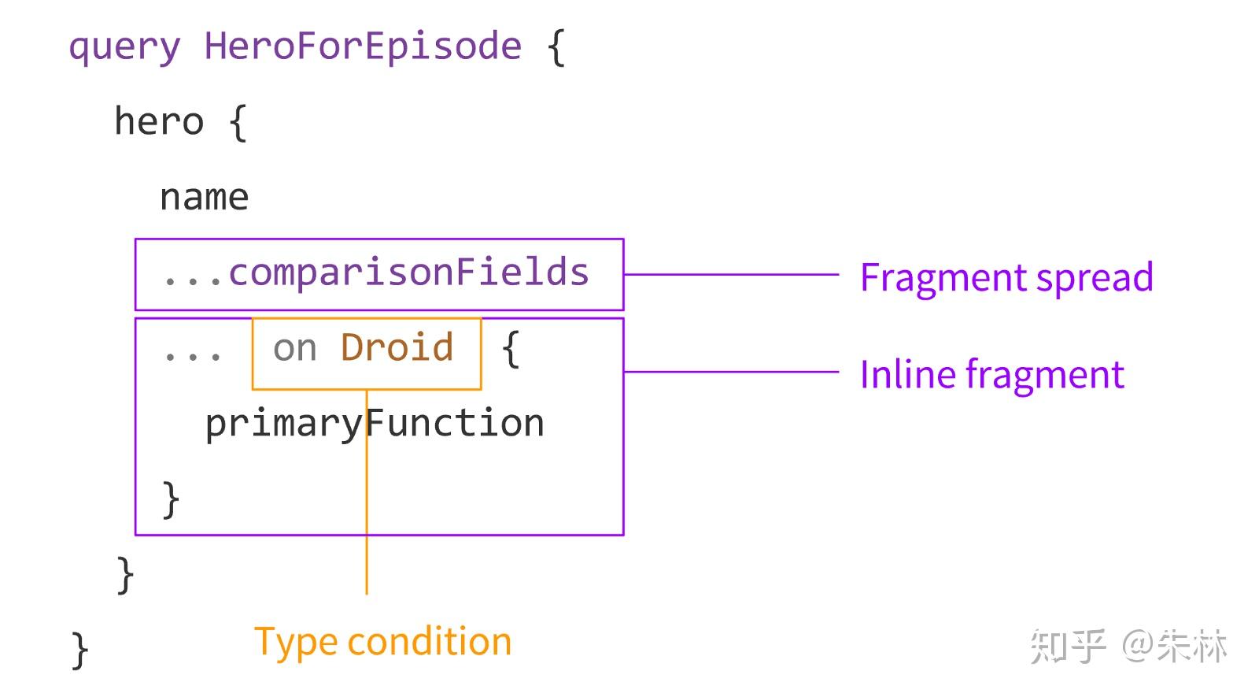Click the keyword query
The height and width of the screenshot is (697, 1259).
click(x=124, y=47)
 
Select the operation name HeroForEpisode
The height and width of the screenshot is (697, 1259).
click(x=363, y=46)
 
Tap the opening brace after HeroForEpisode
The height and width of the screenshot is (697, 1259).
click(x=556, y=47)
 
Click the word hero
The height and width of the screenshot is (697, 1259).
click(x=159, y=122)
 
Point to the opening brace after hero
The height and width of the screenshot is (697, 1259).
click(x=238, y=124)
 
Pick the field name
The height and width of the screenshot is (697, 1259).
click(x=204, y=197)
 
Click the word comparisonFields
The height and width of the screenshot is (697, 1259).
click(x=408, y=273)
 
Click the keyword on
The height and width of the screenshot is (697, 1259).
click(x=295, y=349)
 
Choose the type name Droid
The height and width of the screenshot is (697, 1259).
click(x=397, y=347)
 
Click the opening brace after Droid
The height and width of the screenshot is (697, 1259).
click(x=510, y=348)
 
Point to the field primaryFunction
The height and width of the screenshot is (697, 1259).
click(x=375, y=424)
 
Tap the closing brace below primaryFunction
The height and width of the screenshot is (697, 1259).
click(x=171, y=499)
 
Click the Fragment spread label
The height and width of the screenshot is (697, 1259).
click(x=1006, y=278)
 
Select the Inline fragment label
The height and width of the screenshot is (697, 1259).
click(x=991, y=375)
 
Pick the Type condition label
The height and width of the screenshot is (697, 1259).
click(x=382, y=642)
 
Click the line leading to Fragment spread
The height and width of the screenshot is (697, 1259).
click(x=731, y=274)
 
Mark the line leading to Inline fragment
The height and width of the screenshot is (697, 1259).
click(x=731, y=372)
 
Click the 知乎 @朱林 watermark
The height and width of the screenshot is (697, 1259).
click(x=1128, y=646)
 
